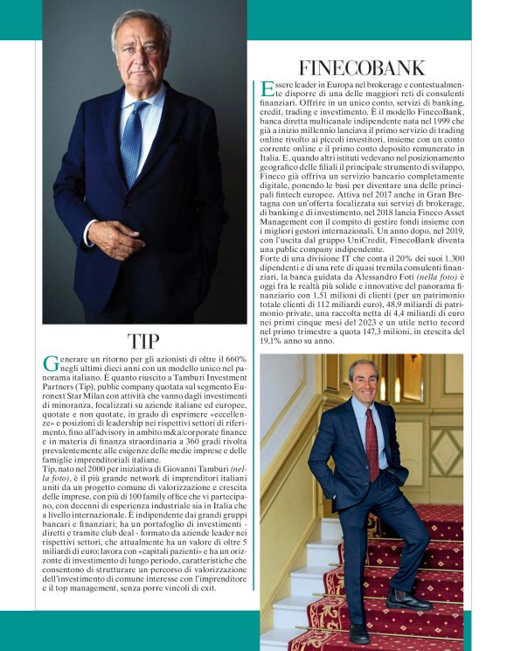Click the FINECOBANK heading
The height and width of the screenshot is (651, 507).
[362, 67]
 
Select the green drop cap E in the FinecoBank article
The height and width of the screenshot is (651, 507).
[267, 90]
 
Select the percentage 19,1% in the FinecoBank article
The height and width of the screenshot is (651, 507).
[268, 341]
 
